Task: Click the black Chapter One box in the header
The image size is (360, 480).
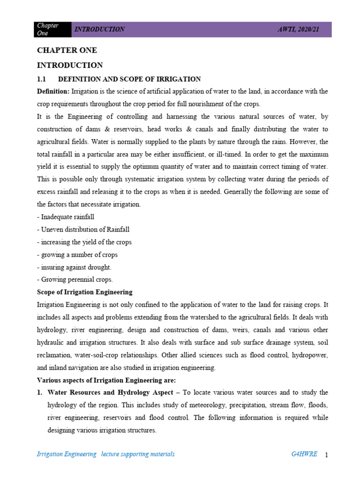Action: (x=54, y=29)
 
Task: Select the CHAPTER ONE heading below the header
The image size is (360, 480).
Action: (x=67, y=51)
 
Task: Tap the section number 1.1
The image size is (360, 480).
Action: (x=43, y=79)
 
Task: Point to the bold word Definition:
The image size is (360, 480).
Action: (x=53, y=91)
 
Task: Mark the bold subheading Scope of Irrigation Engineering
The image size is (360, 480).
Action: (x=84, y=292)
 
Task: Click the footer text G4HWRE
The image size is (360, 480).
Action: (x=304, y=454)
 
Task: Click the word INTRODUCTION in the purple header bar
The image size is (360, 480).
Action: (x=99, y=29)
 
